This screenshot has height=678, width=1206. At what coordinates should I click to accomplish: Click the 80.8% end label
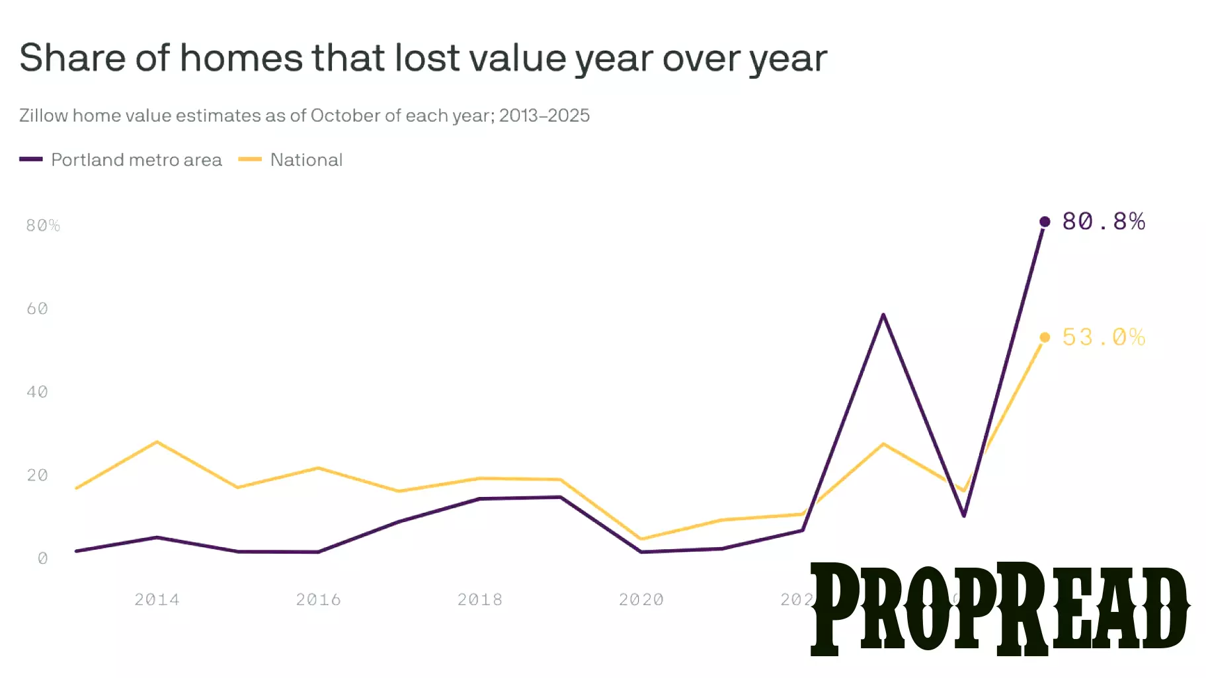click(1103, 221)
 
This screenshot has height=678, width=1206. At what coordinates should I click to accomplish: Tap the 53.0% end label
click(1103, 337)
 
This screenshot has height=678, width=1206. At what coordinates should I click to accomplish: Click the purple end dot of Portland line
click(1045, 221)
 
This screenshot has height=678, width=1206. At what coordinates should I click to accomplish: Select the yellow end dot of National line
click(1045, 337)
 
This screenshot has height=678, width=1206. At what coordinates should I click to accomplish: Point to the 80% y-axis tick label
click(43, 225)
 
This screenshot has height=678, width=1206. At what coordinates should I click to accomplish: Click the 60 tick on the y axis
click(38, 309)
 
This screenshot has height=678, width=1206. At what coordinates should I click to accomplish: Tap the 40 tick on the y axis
click(38, 392)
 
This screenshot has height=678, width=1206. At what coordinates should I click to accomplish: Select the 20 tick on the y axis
click(38, 475)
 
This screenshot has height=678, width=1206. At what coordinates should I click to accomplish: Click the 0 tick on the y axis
click(43, 558)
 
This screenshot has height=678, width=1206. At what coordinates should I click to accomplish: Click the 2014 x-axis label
click(157, 599)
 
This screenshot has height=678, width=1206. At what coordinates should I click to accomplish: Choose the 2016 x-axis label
click(318, 599)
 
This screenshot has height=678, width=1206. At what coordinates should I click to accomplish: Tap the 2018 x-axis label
click(480, 599)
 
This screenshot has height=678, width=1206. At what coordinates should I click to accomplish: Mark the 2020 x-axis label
click(641, 599)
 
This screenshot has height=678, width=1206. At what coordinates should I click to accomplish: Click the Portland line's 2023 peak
click(883, 315)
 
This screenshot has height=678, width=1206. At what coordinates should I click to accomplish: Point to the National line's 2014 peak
click(157, 441)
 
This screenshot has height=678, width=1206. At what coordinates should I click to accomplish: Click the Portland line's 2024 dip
click(964, 515)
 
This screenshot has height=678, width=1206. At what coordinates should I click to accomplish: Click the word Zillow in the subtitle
click(44, 116)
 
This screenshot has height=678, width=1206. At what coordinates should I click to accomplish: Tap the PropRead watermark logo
click(1000, 608)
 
